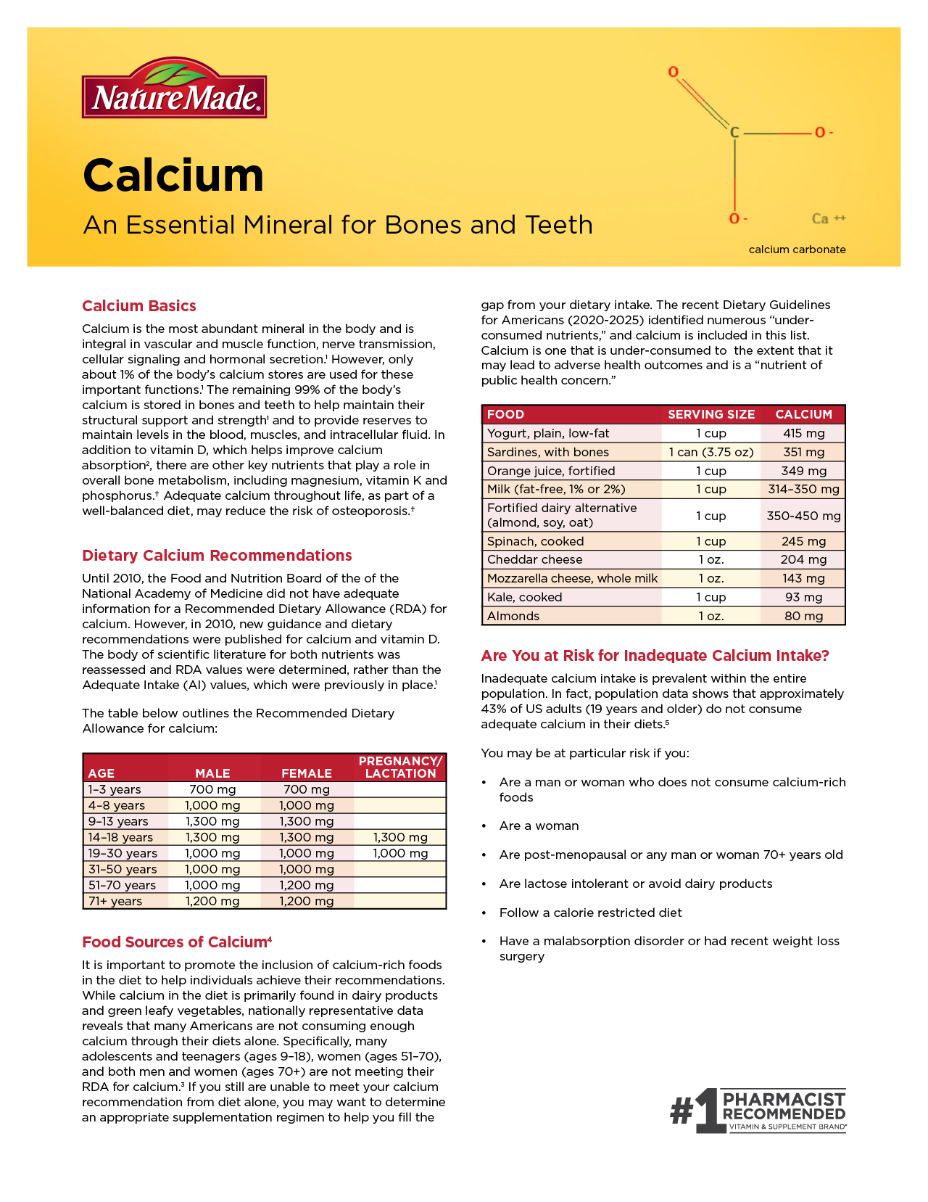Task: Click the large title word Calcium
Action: pyautogui.click(x=173, y=176)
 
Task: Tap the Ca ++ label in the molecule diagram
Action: pyautogui.click(x=828, y=218)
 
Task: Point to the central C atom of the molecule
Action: pyautogui.click(x=734, y=133)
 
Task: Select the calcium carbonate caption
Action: pyautogui.click(x=797, y=250)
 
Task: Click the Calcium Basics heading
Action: pyautogui.click(x=139, y=306)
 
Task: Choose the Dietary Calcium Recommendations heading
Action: pyautogui.click(x=217, y=556)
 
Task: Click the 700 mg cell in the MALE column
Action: pyautogui.click(x=212, y=789)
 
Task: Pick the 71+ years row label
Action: pyautogui.click(x=115, y=901)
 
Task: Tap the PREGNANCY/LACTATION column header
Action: pyautogui.click(x=400, y=767)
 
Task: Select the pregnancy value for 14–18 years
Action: pyautogui.click(x=400, y=837)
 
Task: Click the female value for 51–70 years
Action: pyautogui.click(x=307, y=885)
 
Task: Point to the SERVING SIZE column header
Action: pyautogui.click(x=710, y=414)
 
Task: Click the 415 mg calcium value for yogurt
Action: pyautogui.click(x=803, y=433)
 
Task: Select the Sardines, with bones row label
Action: pyautogui.click(x=548, y=452)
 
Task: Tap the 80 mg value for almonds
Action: pyautogui.click(x=803, y=616)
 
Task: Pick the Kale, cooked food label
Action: pyautogui.click(x=525, y=597)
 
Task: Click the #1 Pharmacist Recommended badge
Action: pyautogui.click(x=758, y=1111)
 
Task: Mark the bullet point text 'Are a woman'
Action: pyautogui.click(x=539, y=826)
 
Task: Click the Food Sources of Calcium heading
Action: pyautogui.click(x=177, y=942)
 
